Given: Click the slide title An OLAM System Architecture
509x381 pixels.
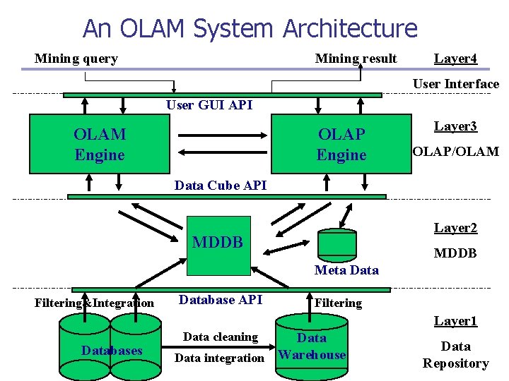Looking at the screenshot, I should (250, 29).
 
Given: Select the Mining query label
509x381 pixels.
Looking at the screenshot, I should (76, 59).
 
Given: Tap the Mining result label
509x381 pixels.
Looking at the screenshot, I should (356, 59).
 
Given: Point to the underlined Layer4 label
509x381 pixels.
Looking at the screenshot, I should (455, 59).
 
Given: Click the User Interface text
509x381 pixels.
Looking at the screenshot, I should (455, 84).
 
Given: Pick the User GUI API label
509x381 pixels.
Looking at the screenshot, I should (209, 105).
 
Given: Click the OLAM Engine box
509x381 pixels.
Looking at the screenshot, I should (99, 144).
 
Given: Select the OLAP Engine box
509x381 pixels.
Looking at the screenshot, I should (341, 144).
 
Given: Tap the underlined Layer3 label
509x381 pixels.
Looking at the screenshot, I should (455, 126).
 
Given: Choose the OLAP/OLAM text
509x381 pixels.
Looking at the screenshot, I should (455, 151).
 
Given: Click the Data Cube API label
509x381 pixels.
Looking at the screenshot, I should (221, 186).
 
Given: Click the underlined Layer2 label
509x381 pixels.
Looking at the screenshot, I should (455, 228).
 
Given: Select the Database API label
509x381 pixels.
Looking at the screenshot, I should (221, 300).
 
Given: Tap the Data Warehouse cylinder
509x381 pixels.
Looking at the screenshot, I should (312, 346).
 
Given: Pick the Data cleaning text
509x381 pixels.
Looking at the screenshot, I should (221, 337).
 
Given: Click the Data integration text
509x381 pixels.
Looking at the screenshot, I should (219, 358).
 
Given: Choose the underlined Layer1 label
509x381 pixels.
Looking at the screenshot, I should (455, 321).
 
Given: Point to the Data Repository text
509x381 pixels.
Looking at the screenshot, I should (455, 354).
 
